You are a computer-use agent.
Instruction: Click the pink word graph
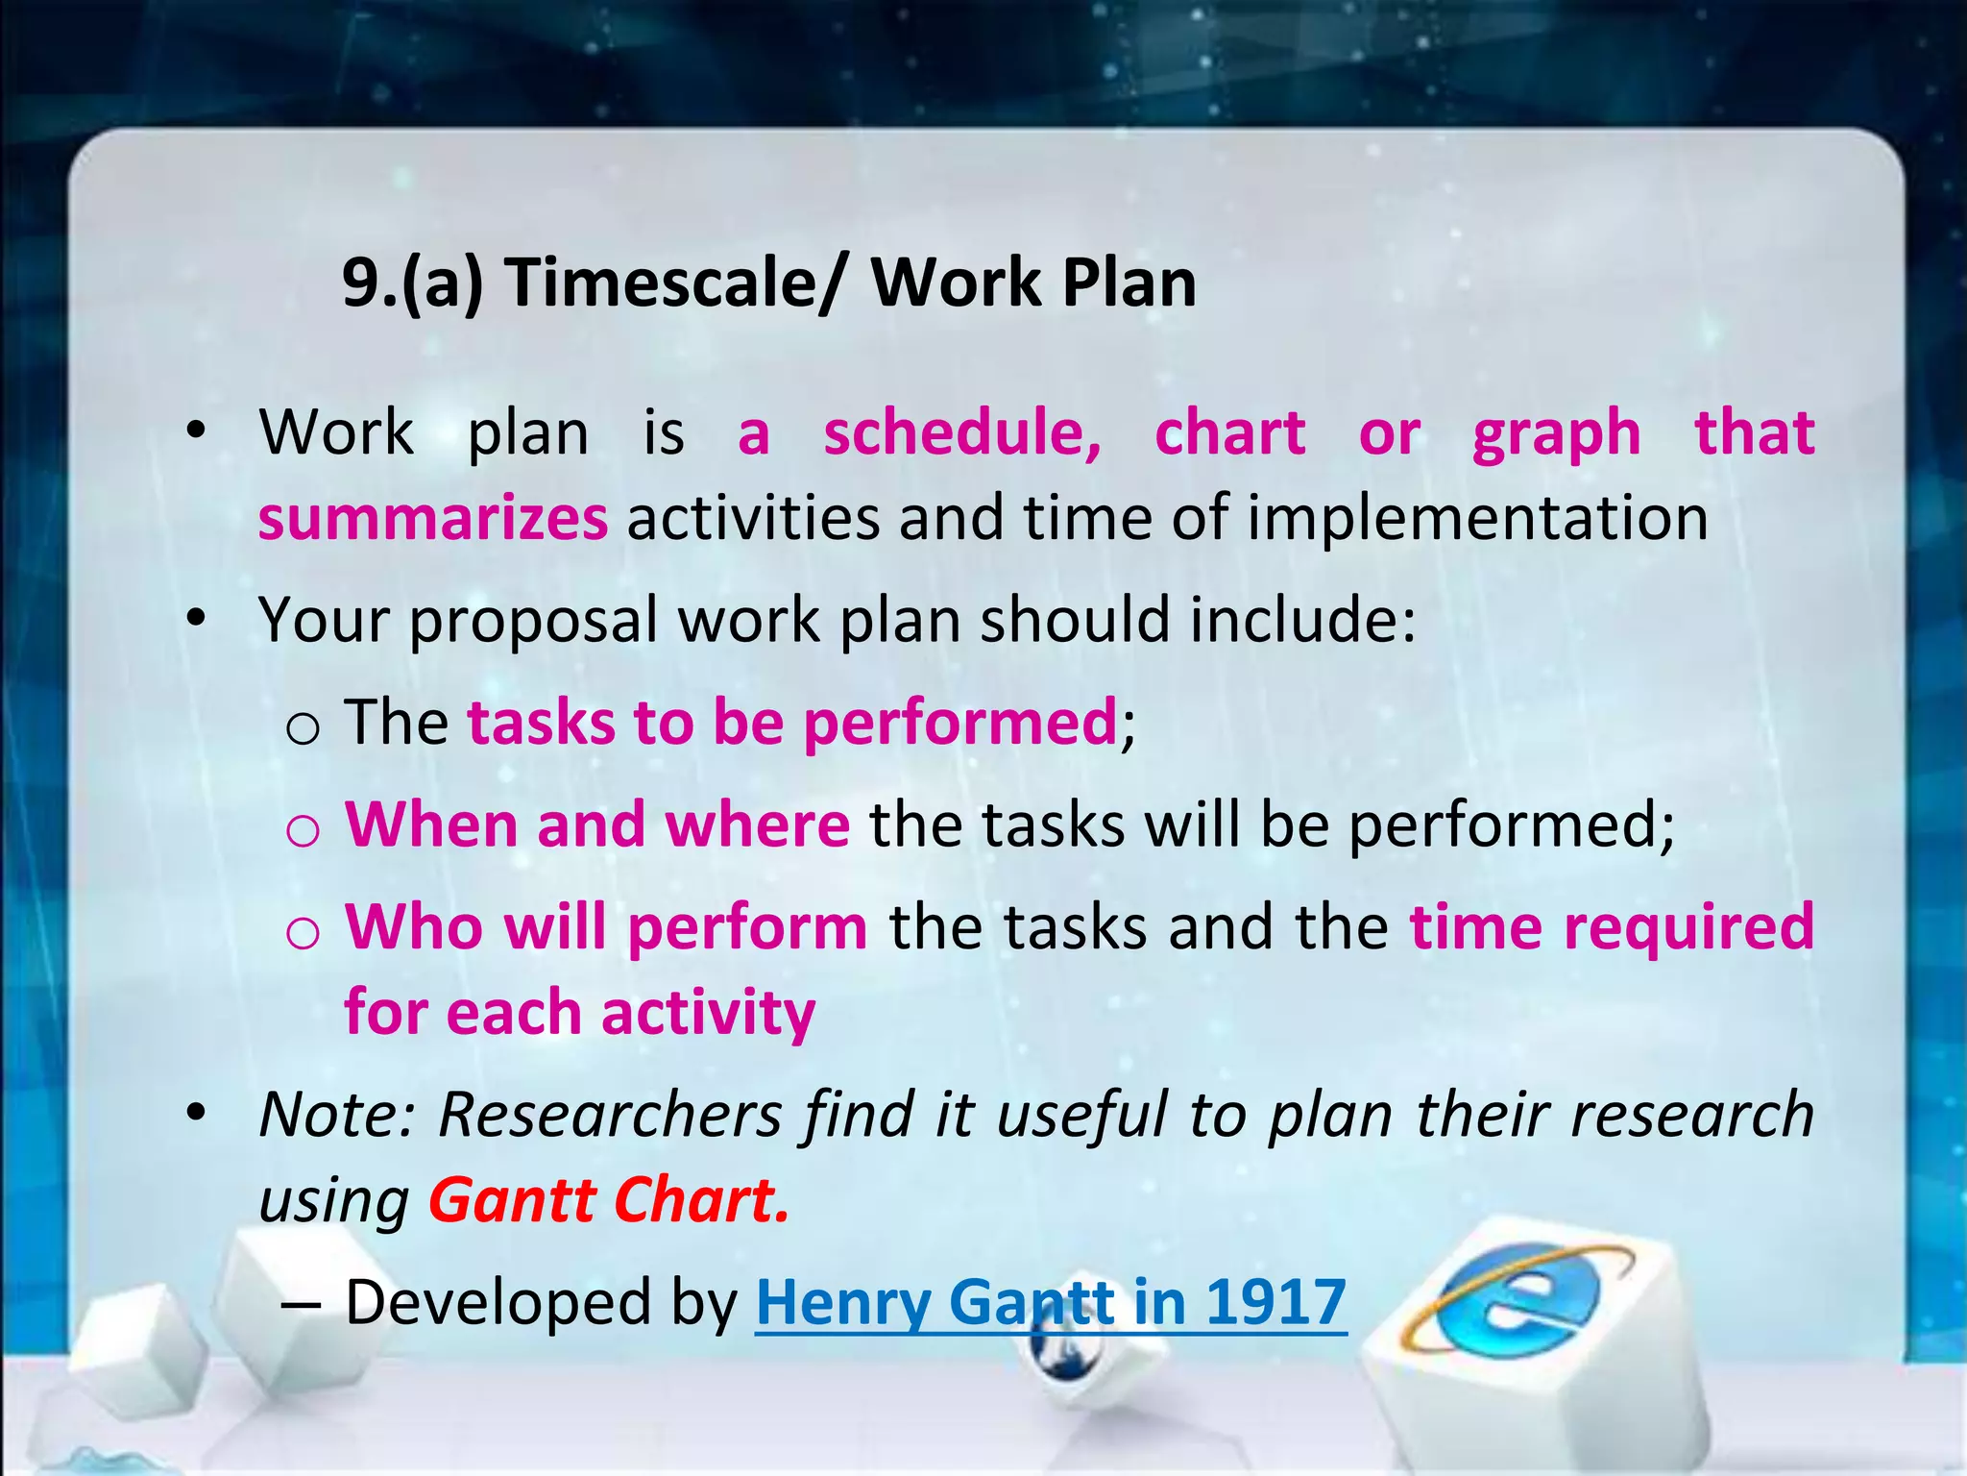(1556, 434)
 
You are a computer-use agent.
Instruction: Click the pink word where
(758, 825)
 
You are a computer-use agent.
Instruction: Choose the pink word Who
(414, 927)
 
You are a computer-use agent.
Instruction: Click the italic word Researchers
(611, 1115)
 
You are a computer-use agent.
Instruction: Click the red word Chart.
(701, 1201)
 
